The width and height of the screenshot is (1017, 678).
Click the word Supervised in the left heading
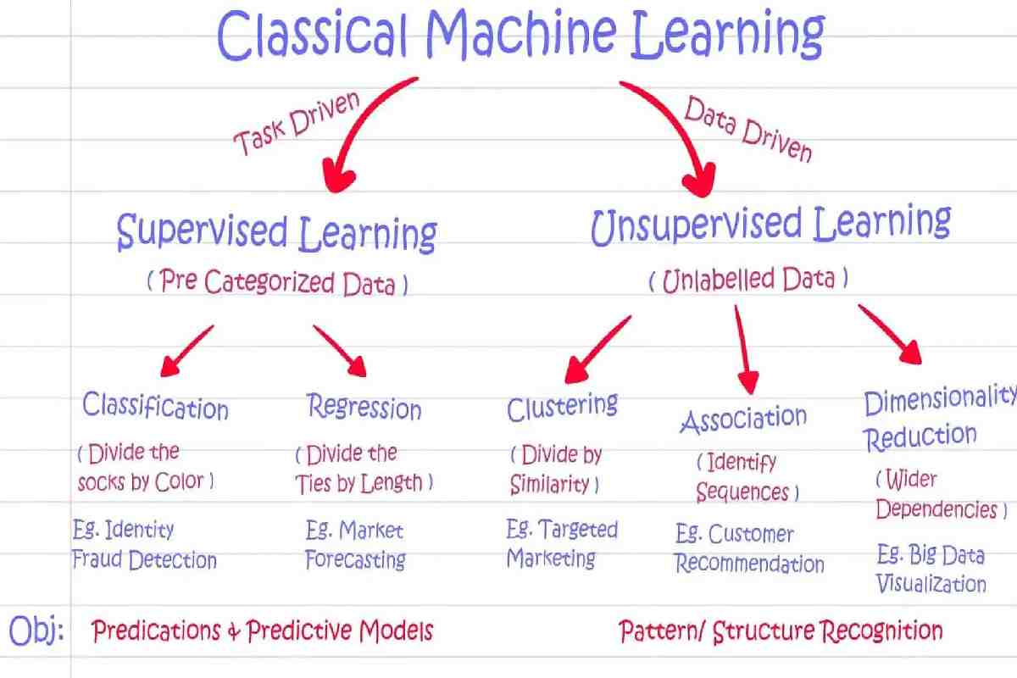[x=202, y=231]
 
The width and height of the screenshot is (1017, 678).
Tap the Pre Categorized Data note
[x=277, y=282]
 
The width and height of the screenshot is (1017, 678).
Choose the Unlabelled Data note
[x=748, y=281]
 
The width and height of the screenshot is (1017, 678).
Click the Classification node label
[x=155, y=406]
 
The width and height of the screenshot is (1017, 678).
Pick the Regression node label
[x=364, y=407]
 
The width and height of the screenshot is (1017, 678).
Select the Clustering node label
[x=562, y=407]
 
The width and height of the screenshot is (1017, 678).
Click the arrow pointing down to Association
[x=743, y=350]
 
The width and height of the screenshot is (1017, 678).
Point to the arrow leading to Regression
[x=340, y=351]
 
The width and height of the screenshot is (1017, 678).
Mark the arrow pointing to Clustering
[x=597, y=349]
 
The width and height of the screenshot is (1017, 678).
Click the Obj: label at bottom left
[x=36, y=631]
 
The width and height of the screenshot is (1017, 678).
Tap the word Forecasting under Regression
[x=355, y=559]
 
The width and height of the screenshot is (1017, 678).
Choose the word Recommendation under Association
[x=749, y=564]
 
